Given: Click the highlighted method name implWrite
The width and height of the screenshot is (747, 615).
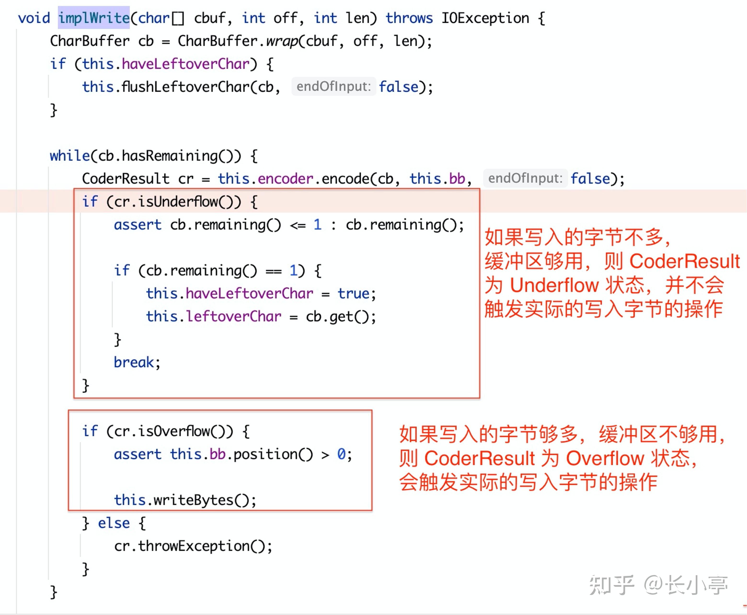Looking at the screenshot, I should [x=94, y=18].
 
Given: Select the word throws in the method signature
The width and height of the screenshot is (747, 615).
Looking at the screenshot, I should [x=409, y=18].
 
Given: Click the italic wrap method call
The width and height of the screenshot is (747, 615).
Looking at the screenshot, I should [x=282, y=41].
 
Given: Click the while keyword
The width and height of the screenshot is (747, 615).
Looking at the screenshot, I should [x=70, y=155].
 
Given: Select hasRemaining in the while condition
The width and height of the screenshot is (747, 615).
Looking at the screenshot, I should [x=170, y=155].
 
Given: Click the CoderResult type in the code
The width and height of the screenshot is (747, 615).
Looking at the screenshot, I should [x=126, y=179].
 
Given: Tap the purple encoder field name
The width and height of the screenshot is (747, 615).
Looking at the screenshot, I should [x=285, y=179].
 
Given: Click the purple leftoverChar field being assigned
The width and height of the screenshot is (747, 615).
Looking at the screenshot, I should [x=234, y=316].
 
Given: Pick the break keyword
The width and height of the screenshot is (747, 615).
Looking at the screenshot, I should [x=134, y=362].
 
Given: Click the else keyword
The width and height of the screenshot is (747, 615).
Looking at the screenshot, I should [x=114, y=523].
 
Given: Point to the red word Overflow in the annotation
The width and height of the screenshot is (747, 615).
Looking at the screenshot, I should [x=605, y=458].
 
